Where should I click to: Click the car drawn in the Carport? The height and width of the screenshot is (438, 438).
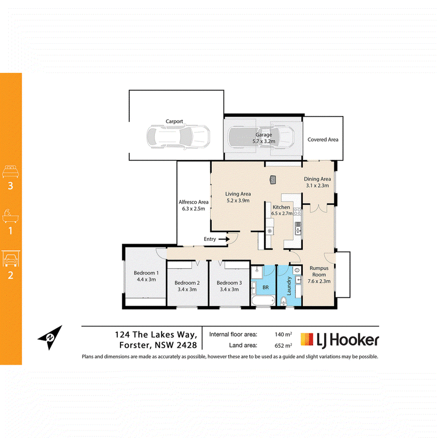[178, 136]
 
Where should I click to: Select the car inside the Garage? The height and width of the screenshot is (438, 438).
[261, 137]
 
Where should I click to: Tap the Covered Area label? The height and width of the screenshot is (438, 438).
[322, 140]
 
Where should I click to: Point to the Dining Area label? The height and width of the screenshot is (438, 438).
[318, 179]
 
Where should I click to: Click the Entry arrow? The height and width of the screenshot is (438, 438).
[224, 239]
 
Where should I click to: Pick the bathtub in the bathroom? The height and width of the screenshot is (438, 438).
[263, 301]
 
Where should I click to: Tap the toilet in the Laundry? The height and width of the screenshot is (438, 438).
[284, 302]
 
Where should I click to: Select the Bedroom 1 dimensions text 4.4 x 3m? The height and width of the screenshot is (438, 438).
[146, 279]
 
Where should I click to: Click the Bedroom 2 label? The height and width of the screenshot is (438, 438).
[187, 283]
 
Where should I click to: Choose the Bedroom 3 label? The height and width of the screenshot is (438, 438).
[229, 283]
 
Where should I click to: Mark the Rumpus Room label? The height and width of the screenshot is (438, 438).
[319, 271]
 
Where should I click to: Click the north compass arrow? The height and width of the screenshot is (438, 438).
[50, 337]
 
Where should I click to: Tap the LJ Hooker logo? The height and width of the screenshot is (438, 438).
[339, 340]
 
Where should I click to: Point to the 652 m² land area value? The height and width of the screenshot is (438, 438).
[283, 345]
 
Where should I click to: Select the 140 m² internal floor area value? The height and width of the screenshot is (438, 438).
[283, 334]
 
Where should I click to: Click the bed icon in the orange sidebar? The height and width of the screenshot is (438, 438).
[10, 171]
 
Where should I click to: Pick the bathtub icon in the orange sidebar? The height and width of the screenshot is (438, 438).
[10, 216]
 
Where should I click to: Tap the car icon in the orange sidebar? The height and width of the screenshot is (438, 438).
[10, 258]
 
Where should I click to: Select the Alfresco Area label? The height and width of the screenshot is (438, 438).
[194, 202]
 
